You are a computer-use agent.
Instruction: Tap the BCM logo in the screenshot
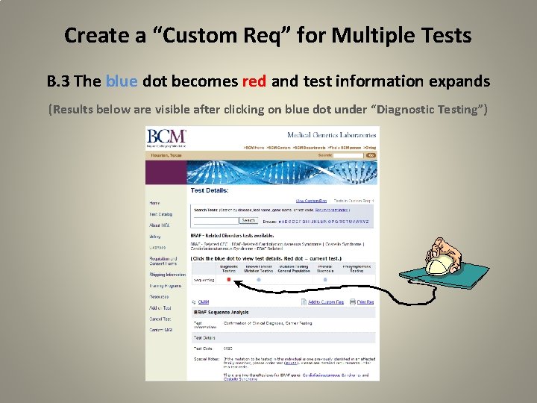(166, 137)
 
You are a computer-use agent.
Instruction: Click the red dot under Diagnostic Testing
(229, 280)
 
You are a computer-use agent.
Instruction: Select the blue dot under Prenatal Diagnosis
(325, 280)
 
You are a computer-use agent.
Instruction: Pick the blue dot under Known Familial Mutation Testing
(259, 280)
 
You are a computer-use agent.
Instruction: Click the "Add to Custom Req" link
(325, 302)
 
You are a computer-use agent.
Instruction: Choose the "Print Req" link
(365, 302)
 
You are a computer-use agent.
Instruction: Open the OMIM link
(202, 302)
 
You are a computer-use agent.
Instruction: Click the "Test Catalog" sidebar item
(161, 214)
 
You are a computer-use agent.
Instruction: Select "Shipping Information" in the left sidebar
(166, 275)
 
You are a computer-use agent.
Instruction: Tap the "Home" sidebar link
(154, 203)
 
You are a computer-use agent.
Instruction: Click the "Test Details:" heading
(208, 190)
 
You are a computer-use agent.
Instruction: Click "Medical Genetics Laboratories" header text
(331, 134)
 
